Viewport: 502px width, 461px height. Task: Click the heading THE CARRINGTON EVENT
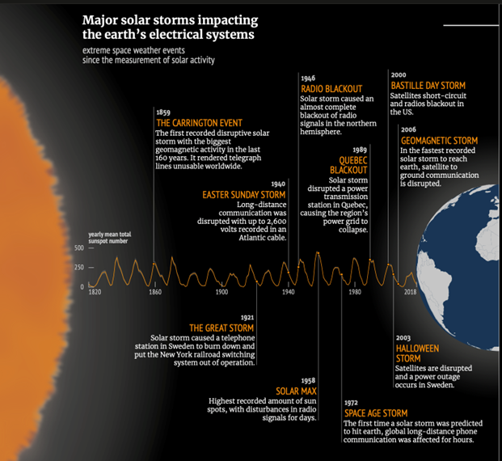(199, 123)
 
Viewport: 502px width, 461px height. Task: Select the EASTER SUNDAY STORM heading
(243, 195)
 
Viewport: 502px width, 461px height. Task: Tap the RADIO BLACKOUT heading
(331, 89)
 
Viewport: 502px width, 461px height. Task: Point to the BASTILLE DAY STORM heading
(428, 86)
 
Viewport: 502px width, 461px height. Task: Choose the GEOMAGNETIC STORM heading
(439, 141)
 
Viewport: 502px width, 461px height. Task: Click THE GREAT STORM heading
(221, 328)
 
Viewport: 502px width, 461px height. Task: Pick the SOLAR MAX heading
(296, 391)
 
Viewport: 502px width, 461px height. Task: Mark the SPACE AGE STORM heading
(376, 413)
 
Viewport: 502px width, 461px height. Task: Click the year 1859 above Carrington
(163, 112)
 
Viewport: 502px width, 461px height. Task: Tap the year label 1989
(360, 150)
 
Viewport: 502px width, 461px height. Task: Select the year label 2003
(403, 338)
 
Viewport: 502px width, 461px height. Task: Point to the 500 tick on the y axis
(78, 247)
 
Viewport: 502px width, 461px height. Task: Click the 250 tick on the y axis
(78, 267)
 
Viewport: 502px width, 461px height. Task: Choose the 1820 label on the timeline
(95, 292)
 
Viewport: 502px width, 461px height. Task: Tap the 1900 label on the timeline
(221, 292)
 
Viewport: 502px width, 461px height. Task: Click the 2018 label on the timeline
(410, 292)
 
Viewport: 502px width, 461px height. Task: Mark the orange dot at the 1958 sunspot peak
(318, 253)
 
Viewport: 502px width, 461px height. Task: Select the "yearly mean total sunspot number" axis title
(109, 238)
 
